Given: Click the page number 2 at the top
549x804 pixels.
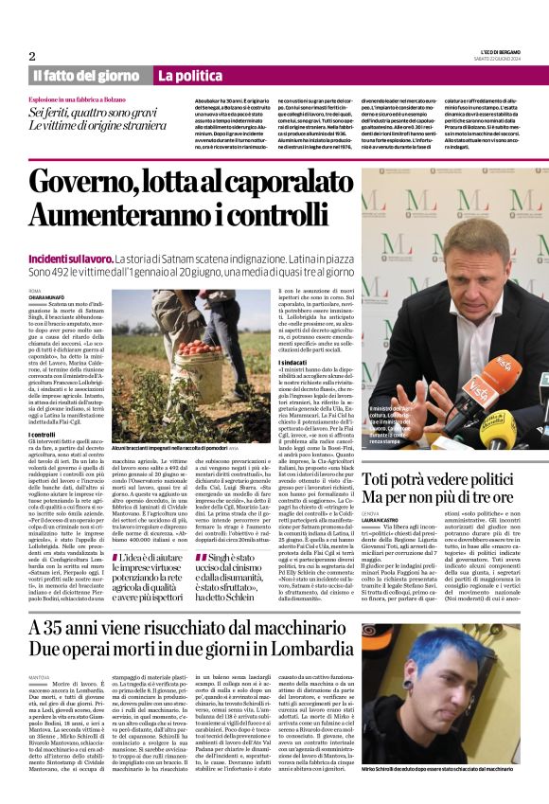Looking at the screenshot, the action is pos(32,56).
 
